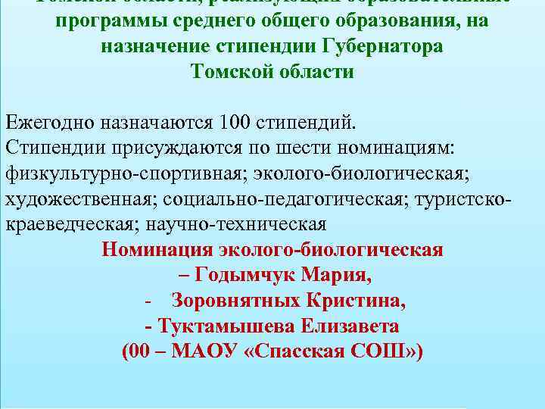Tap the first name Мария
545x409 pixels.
pos(344,275)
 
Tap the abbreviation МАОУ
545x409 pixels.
pos(210,352)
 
